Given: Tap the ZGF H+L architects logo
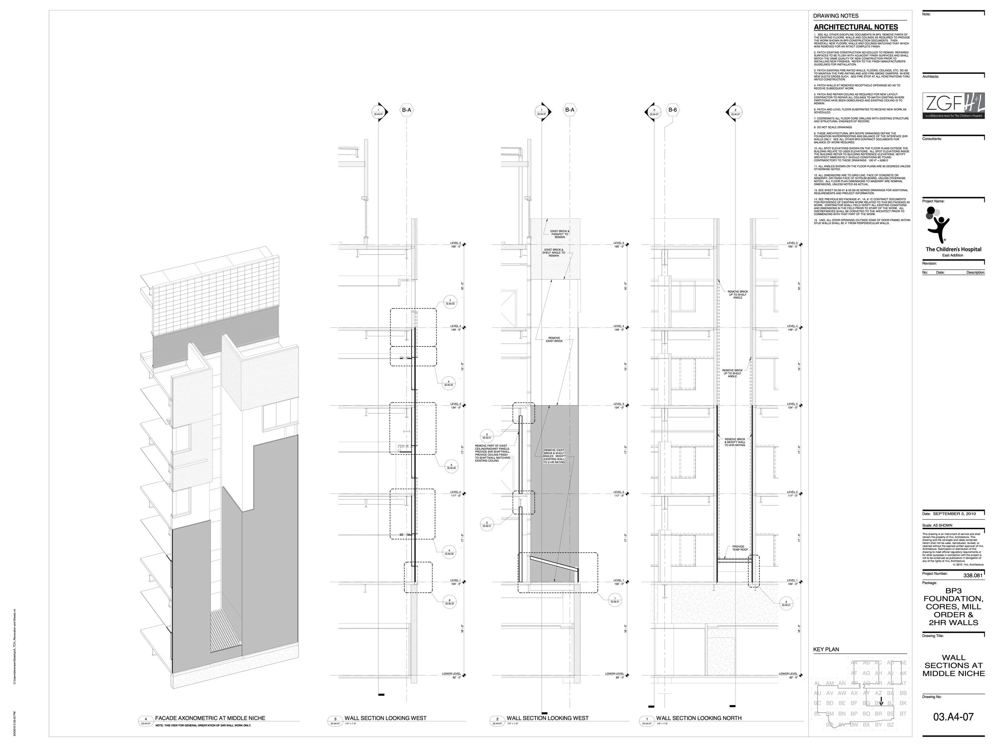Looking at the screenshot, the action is point(953,106).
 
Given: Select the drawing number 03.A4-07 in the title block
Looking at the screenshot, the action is point(953,717).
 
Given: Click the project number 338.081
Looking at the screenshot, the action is point(972,575).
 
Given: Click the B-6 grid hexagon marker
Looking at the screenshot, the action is point(673,110).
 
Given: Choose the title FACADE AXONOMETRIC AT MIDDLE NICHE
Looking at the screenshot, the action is point(210,718).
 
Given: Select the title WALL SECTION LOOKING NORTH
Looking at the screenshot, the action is point(698,718).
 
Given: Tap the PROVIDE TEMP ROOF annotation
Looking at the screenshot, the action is point(738,548).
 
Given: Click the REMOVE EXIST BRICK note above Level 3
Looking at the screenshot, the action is point(554,339).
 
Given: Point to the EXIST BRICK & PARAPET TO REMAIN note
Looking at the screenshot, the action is point(560,234).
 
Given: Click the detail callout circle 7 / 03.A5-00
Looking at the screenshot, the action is point(450,302).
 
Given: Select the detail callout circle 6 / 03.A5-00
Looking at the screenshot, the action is point(449,602).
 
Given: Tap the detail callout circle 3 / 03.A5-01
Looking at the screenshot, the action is point(786,603).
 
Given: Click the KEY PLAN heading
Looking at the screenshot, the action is point(826,649).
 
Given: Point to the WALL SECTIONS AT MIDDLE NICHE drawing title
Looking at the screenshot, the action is point(953,665).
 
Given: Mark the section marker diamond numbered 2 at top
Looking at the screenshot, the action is point(735,112).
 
